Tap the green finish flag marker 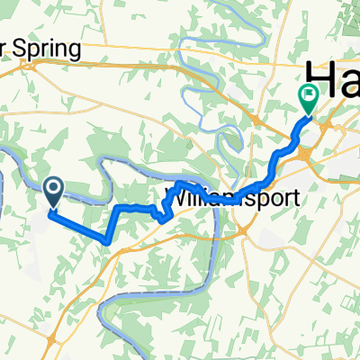309,96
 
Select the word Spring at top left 49,48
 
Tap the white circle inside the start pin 53,187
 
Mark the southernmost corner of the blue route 108,242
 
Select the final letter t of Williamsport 293,197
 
